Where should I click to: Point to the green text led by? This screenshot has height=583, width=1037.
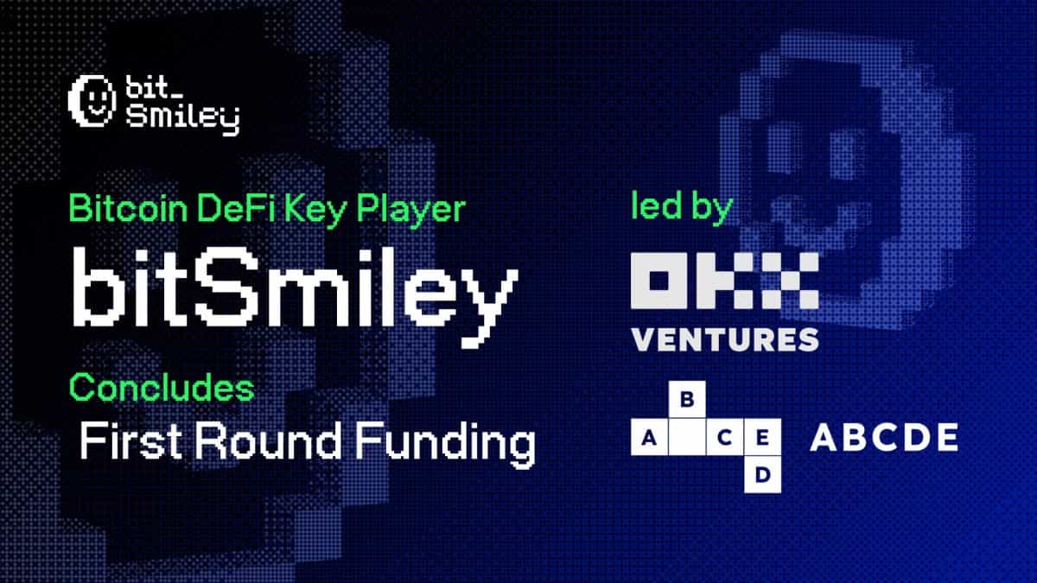click(683, 210)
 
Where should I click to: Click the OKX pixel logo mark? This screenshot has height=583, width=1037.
click(724, 282)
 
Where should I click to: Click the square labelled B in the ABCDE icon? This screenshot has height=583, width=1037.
click(689, 401)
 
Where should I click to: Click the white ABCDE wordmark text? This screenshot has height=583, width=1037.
click(883, 439)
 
